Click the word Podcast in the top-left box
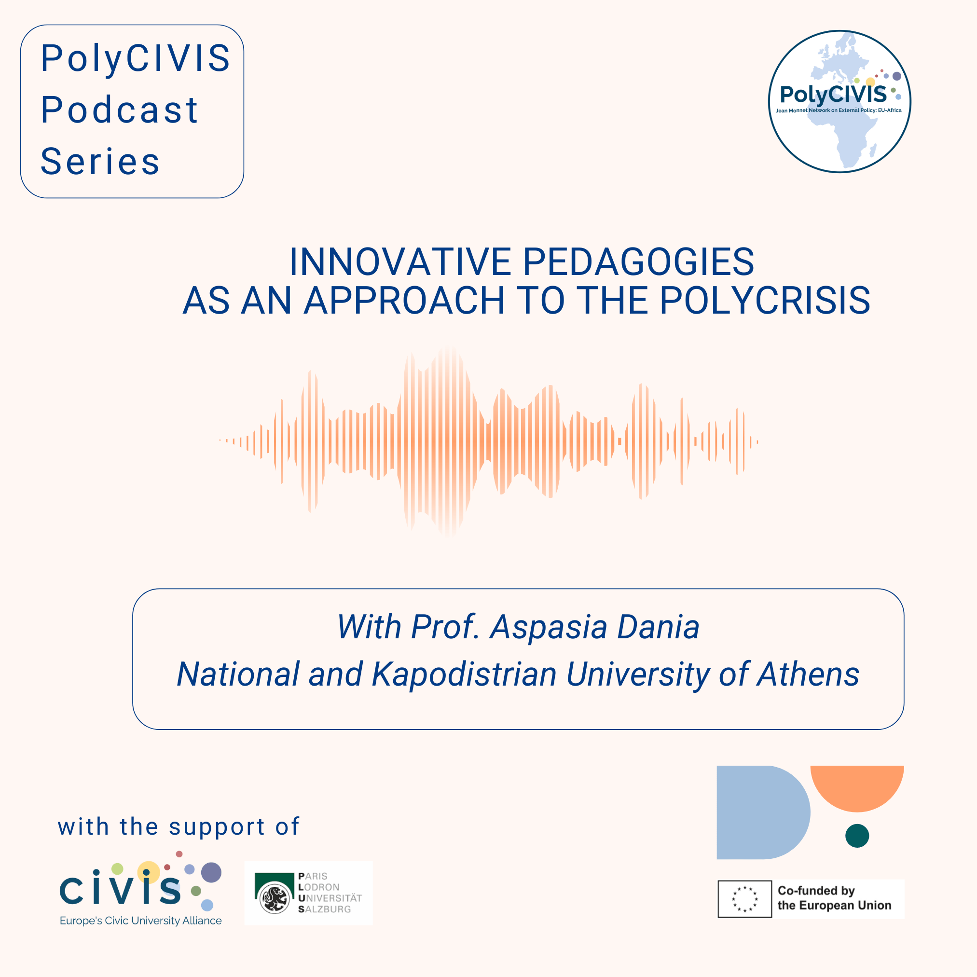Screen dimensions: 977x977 point(119,110)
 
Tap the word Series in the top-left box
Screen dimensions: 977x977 point(100,161)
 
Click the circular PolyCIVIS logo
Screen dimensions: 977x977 point(839,101)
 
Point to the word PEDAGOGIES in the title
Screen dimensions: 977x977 point(638,262)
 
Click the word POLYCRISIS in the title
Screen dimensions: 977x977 point(765,301)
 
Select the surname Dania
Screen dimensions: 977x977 point(659,627)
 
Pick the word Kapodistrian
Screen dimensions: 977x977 point(464,675)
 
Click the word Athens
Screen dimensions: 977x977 point(808,674)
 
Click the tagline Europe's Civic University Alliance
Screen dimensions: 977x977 point(140,921)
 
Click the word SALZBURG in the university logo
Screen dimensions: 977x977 point(324,909)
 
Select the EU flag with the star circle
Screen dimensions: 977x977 point(744,899)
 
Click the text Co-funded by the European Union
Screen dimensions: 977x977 point(834,898)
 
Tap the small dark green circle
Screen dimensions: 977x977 point(857,836)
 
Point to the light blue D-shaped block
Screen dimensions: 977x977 point(763,812)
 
